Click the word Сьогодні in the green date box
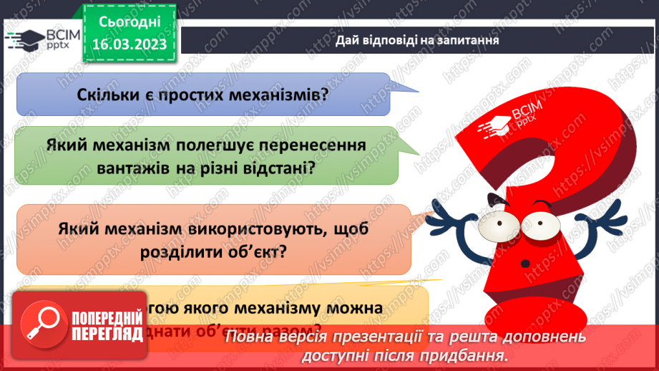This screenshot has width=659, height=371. point(128,23)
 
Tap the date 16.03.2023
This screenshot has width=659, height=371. point(128,44)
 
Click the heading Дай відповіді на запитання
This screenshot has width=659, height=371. point(417,40)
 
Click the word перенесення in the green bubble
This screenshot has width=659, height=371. point(311,145)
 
